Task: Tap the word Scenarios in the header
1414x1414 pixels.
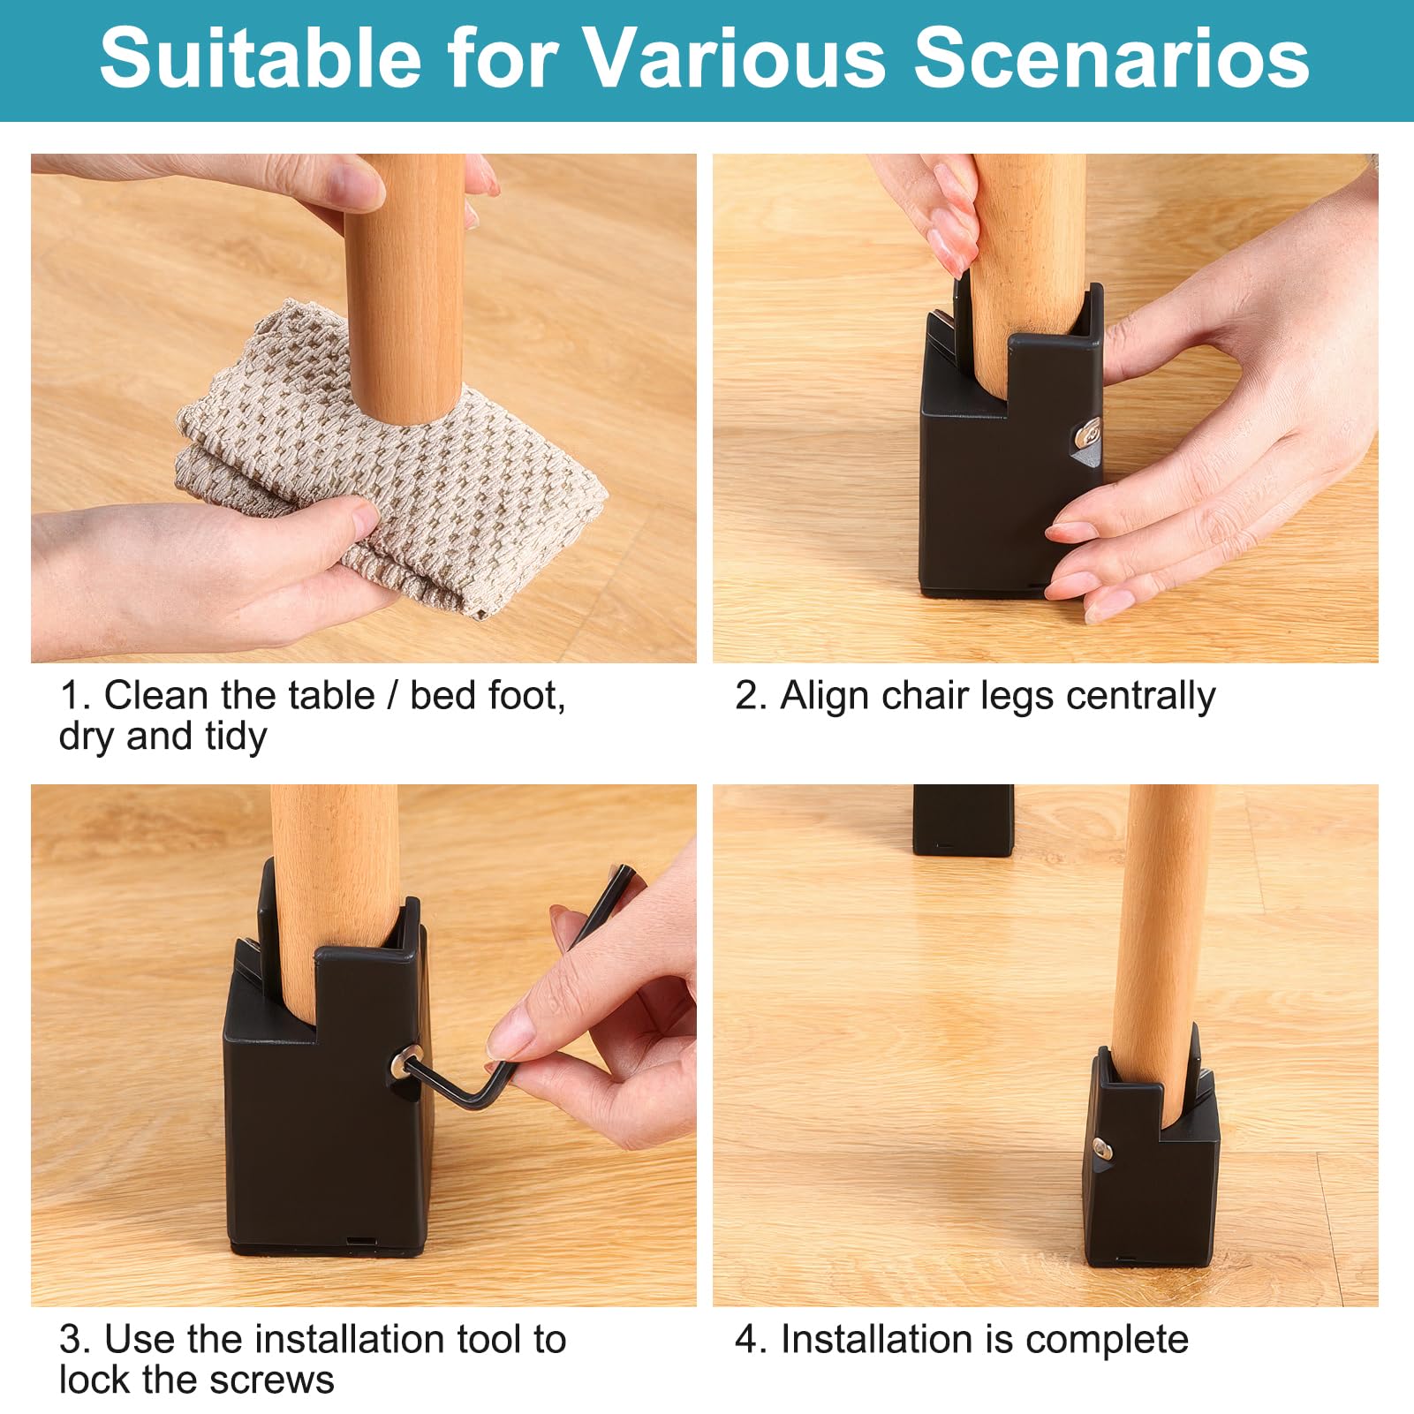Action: (1111, 58)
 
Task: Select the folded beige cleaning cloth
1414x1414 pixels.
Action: (389, 459)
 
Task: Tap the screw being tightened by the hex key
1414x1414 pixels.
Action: (408, 1059)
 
